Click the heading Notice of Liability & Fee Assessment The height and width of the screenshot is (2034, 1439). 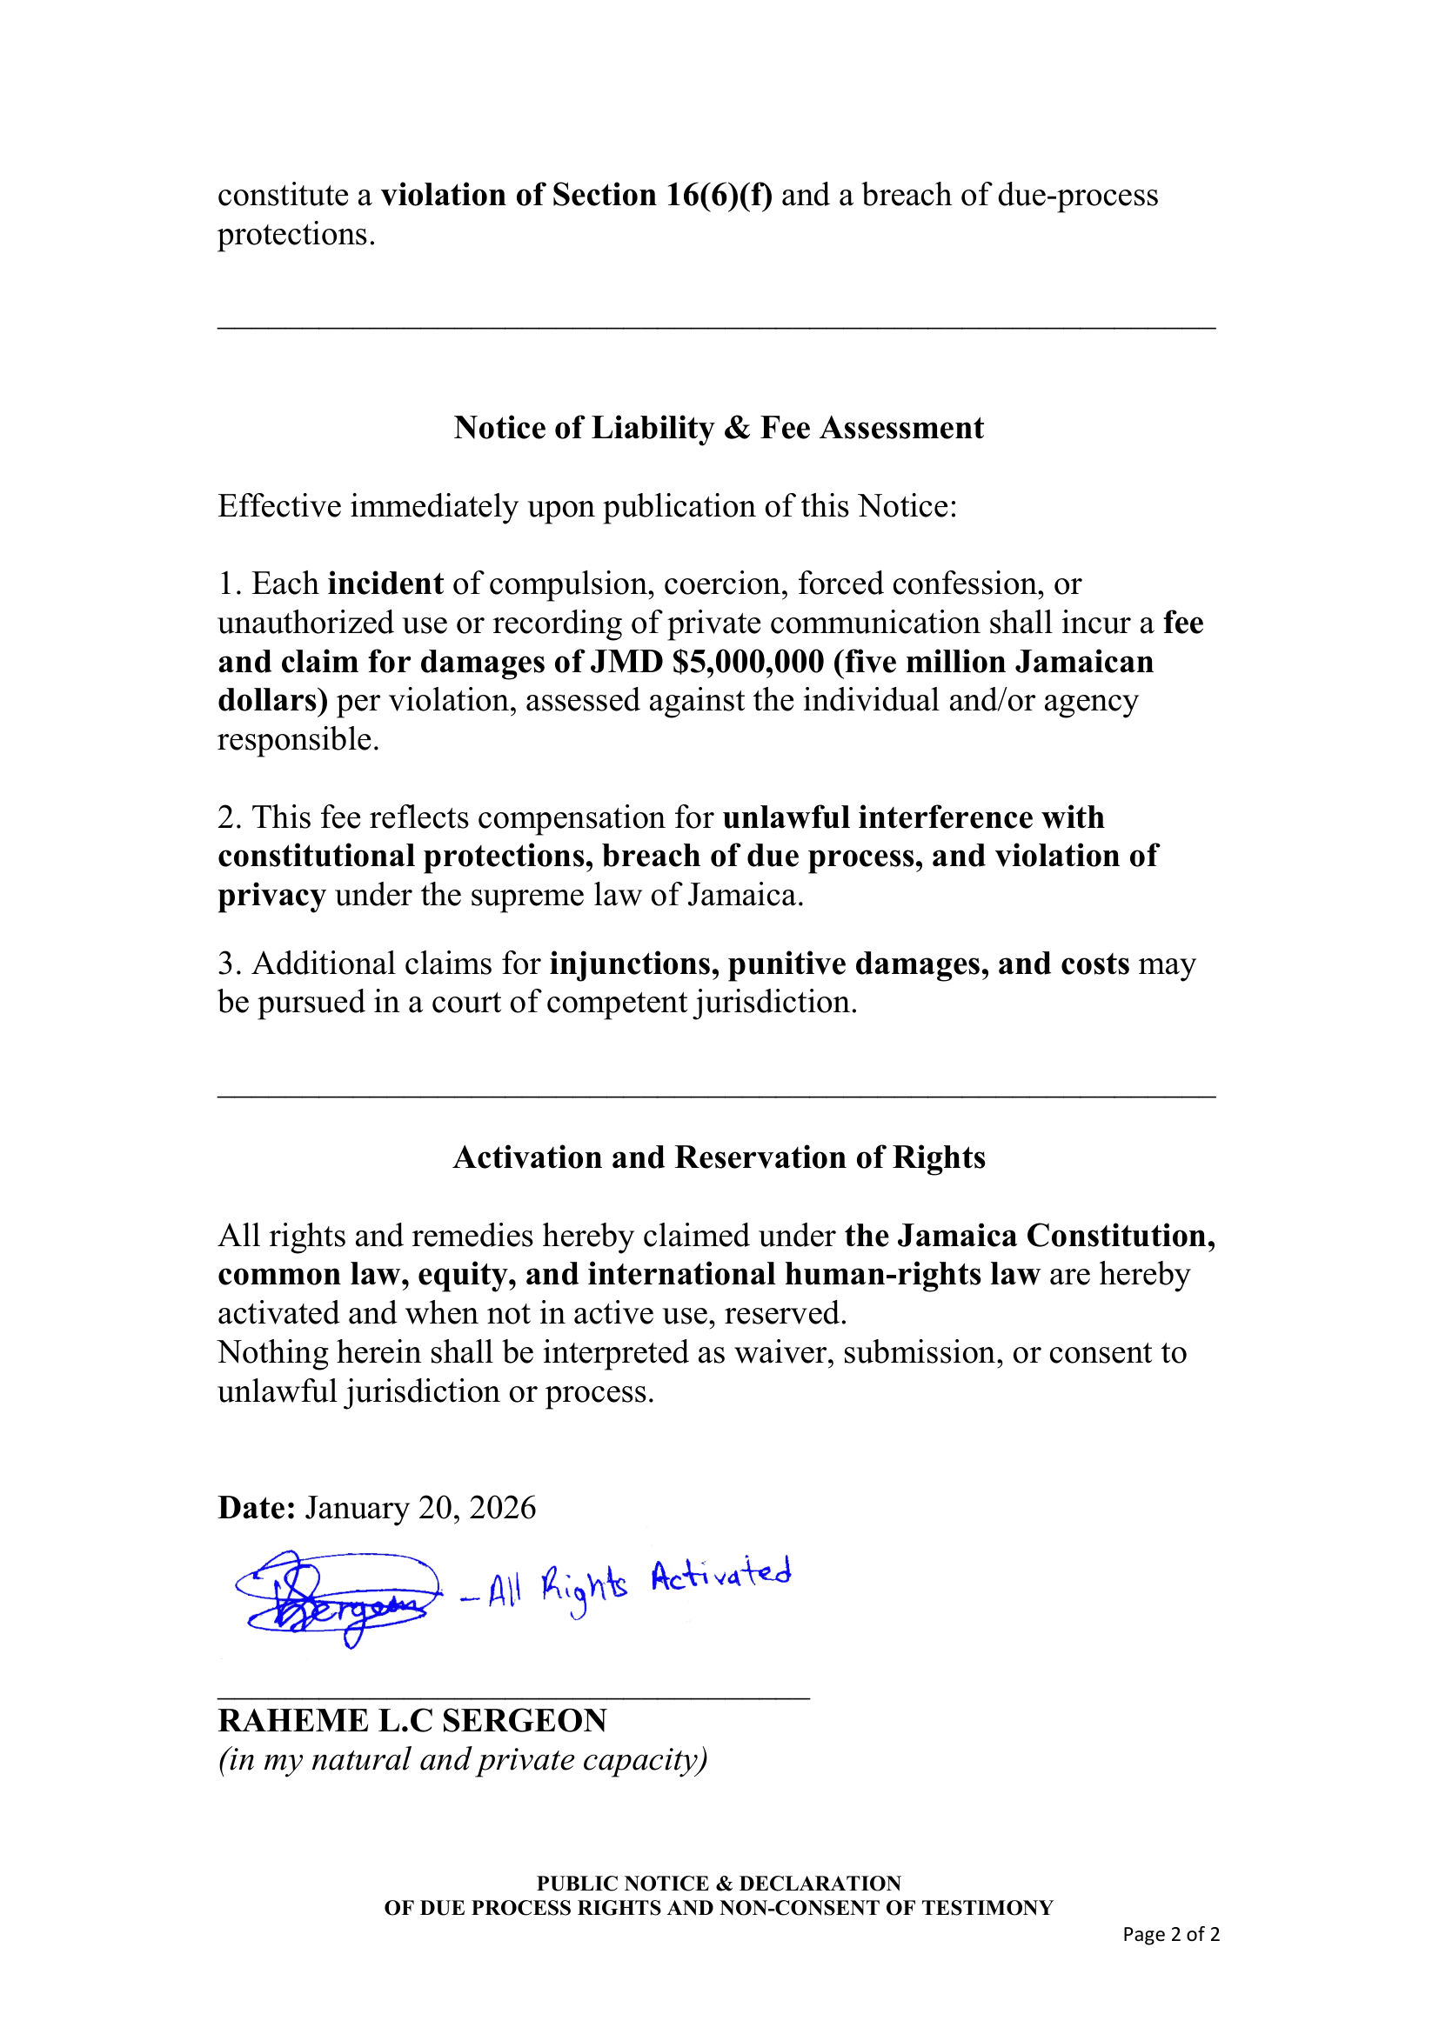click(718, 428)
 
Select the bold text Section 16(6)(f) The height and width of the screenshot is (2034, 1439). click(661, 195)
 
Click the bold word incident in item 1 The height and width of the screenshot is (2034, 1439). click(385, 584)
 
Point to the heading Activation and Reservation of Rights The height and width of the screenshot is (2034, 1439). click(719, 1157)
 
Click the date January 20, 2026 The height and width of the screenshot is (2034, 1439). click(420, 1507)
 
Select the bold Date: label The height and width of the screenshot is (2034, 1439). click(256, 1507)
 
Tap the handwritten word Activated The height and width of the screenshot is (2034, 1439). click(720, 1574)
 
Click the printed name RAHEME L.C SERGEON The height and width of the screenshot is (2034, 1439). click(412, 1719)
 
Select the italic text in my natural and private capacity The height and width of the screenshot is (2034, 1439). click(463, 1758)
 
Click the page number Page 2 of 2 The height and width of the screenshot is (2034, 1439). click(1170, 1934)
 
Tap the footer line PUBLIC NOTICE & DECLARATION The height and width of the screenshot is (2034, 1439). click(719, 1883)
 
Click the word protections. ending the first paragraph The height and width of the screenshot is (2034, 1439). click(296, 234)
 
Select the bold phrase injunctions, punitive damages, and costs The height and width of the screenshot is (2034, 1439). click(839, 963)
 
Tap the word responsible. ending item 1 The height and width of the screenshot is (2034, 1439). click(298, 739)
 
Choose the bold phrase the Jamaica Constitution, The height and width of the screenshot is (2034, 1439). click(1029, 1235)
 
